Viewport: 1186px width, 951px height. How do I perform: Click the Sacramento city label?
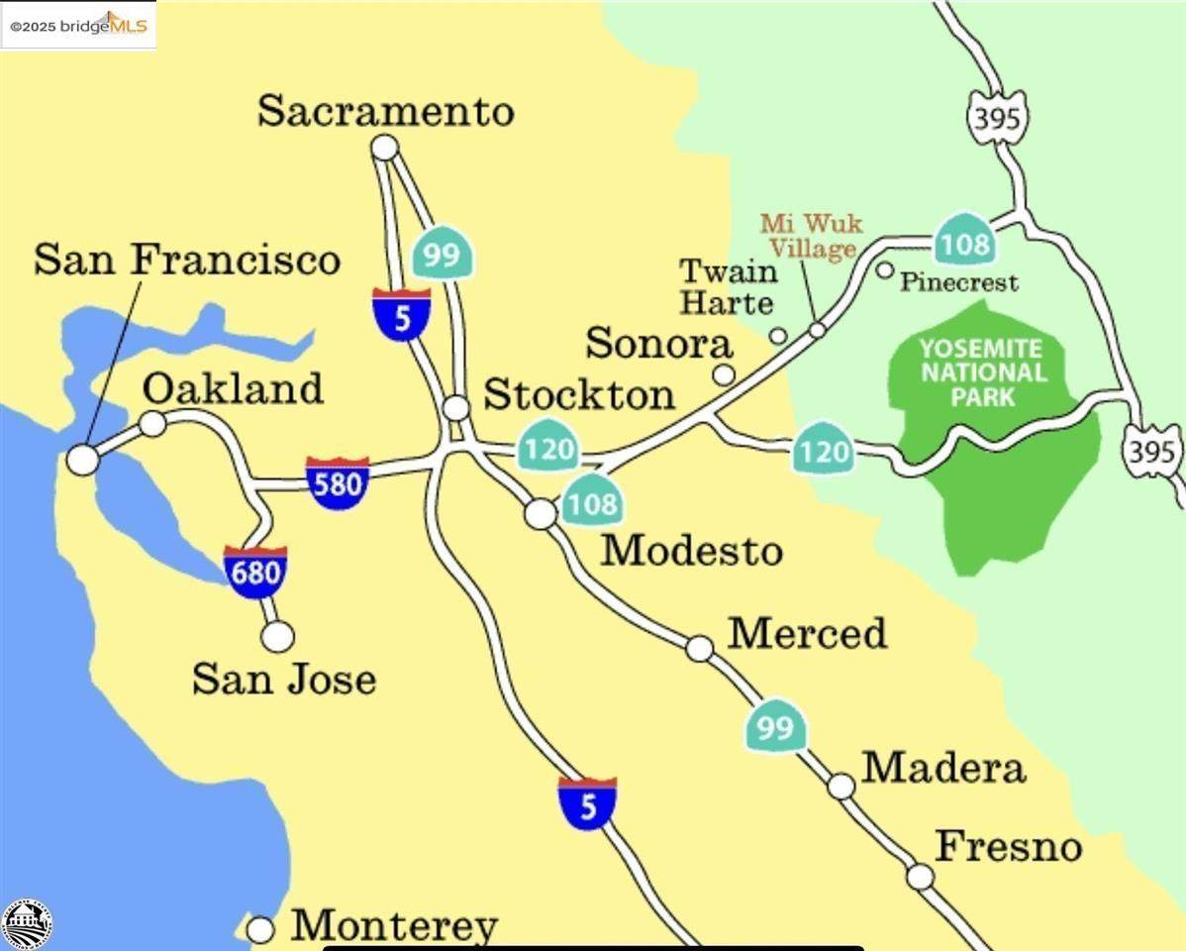click(385, 111)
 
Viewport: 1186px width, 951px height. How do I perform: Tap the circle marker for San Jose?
click(277, 636)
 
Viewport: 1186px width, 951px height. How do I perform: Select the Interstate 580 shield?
click(338, 482)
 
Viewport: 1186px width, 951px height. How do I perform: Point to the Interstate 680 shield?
click(255, 573)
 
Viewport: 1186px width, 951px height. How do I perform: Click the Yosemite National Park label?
click(981, 372)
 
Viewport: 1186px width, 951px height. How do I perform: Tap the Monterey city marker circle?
click(260, 929)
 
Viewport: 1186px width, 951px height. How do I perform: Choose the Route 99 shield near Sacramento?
click(442, 255)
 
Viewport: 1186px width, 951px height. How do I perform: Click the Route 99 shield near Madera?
click(776, 728)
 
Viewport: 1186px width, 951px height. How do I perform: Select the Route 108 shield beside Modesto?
click(592, 502)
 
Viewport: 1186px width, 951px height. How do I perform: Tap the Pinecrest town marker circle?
click(885, 269)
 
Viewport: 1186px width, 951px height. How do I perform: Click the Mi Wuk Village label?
click(811, 236)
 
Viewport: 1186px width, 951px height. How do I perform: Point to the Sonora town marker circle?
click(725, 374)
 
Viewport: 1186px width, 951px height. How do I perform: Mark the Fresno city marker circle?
click(921, 876)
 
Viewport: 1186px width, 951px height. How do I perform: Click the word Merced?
click(807, 634)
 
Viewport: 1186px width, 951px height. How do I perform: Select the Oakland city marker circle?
click(152, 424)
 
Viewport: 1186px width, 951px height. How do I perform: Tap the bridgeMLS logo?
click(78, 25)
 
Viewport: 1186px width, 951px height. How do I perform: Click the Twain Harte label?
click(728, 286)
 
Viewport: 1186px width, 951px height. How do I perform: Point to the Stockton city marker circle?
click(455, 407)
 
